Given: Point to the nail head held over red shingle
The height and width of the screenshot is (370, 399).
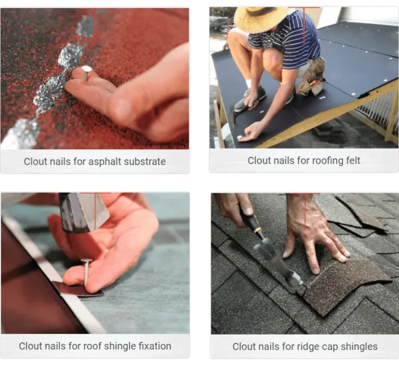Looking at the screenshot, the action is (x=87, y=69).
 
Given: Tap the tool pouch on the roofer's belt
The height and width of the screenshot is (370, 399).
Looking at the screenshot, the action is (x=312, y=77).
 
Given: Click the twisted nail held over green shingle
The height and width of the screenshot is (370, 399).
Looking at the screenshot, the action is (x=87, y=272).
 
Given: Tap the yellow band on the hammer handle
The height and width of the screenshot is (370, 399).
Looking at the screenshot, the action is (x=258, y=230).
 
